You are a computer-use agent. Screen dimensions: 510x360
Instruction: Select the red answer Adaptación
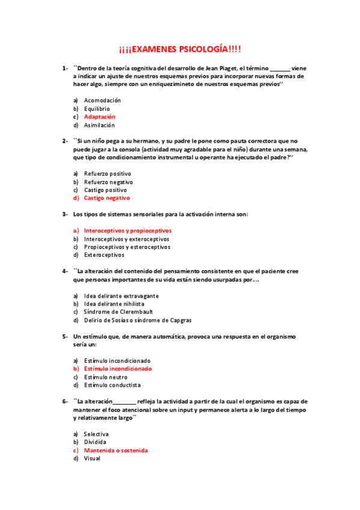[100, 117]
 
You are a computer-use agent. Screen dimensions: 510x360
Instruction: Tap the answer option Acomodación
[102, 100]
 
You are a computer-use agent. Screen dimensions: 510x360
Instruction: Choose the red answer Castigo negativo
[107, 198]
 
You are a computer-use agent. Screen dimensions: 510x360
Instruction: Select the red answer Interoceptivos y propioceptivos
[127, 230]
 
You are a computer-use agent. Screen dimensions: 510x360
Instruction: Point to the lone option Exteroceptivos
[105, 255]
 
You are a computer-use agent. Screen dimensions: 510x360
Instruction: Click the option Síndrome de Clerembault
[118, 312]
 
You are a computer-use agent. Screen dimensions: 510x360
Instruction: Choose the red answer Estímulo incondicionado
[118, 369]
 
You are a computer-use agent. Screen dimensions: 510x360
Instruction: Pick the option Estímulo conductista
[112, 385]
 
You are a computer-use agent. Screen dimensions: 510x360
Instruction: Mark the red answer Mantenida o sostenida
[116, 450]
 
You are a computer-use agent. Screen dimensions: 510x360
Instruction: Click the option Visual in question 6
[92, 458]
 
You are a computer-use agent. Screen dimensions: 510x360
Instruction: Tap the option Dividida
[95, 442]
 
